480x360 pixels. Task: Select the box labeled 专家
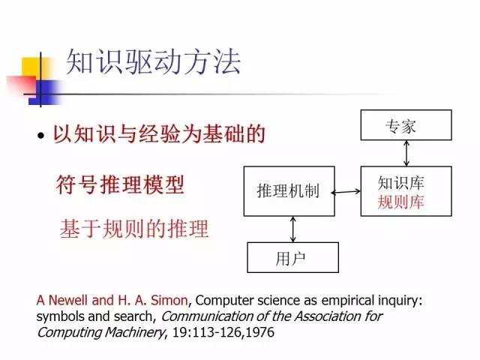406,124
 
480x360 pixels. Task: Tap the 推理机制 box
288,191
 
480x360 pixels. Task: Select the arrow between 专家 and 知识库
406,152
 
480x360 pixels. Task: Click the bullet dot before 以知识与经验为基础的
41,137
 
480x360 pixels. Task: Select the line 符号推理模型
120,184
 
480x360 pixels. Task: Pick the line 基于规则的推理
133,229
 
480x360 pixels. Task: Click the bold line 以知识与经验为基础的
159,136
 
